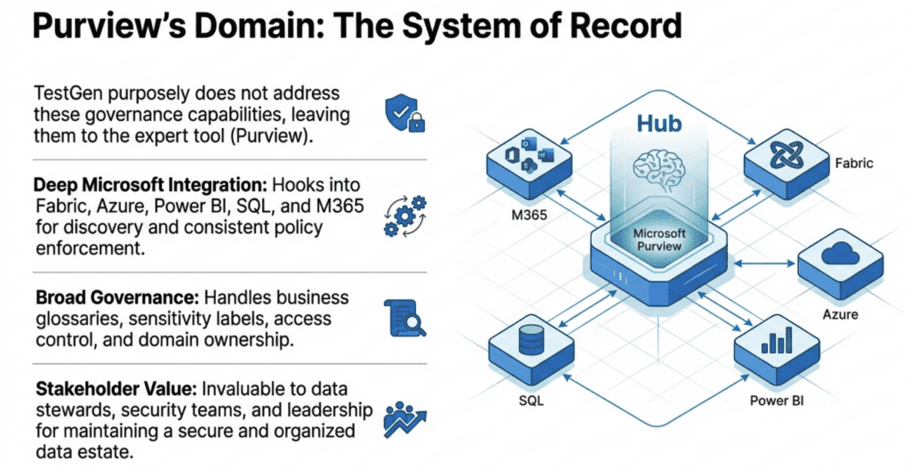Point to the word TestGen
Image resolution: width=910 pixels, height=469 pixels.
66,93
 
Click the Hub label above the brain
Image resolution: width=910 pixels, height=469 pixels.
659,122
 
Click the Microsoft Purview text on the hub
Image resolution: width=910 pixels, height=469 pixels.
659,238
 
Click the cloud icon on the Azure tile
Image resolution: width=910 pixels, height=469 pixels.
839,255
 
